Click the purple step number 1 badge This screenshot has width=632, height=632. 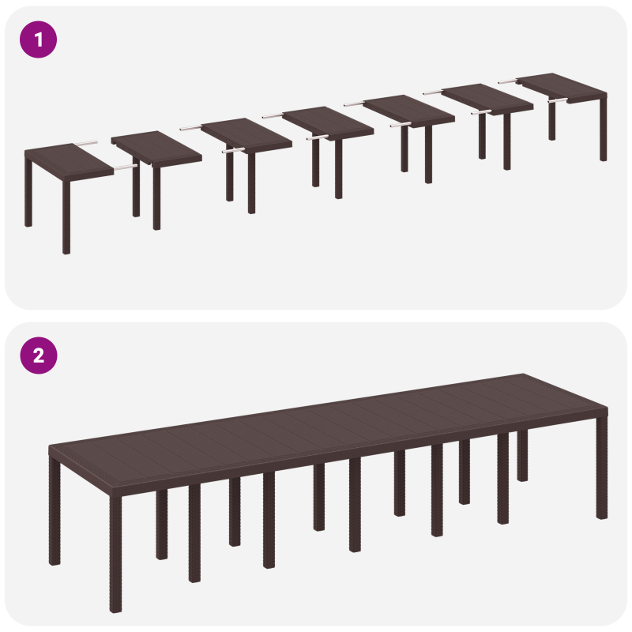pyautogui.click(x=38, y=39)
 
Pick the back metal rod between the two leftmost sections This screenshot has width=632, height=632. pyautogui.click(x=86, y=144)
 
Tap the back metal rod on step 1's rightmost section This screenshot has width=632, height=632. pyautogui.click(x=507, y=80)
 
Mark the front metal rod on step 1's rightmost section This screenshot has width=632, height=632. pyautogui.click(x=557, y=101)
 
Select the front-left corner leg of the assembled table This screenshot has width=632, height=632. pyautogui.click(x=115, y=553)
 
